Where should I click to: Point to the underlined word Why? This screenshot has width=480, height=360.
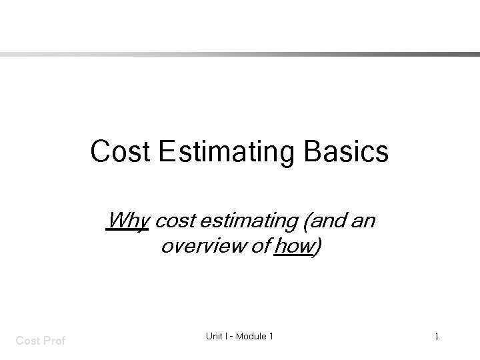click(127, 220)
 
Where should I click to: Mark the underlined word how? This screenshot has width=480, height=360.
click(294, 246)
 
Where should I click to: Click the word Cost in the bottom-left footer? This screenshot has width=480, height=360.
click(27, 341)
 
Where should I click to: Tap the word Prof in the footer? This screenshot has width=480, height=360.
click(54, 341)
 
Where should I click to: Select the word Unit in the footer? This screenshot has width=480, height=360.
click(213, 337)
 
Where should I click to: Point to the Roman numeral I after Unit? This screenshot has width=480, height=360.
click(227, 337)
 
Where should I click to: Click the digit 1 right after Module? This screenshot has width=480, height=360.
click(271, 337)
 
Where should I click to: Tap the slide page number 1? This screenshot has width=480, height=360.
click(437, 337)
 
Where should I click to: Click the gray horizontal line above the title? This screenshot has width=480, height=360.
click(240, 55)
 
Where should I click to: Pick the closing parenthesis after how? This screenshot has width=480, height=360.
click(317, 247)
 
